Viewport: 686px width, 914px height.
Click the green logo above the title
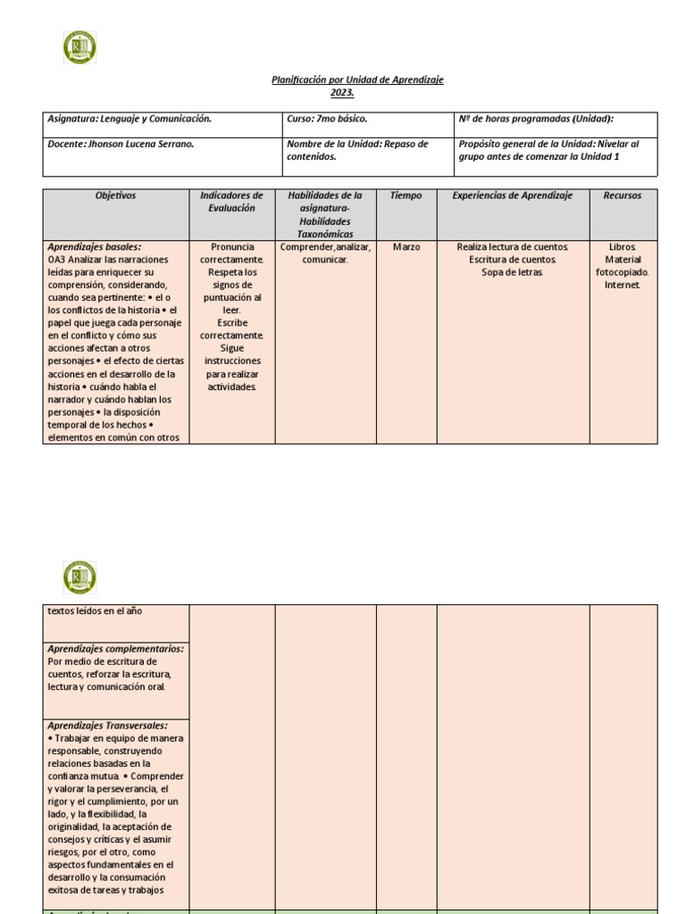(x=79, y=47)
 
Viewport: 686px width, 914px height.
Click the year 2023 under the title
(x=342, y=92)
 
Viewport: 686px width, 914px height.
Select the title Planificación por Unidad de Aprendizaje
(x=357, y=80)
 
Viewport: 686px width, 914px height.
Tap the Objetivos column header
(x=115, y=195)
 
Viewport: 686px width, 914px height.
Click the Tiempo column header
(x=406, y=195)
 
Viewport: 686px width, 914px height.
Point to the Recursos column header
(x=623, y=195)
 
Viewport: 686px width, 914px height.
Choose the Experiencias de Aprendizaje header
(x=513, y=195)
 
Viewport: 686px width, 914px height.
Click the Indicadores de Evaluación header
(x=231, y=202)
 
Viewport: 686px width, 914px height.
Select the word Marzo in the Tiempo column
(x=406, y=246)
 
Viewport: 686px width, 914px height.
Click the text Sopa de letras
(x=513, y=272)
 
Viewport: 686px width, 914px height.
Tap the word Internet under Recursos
(x=623, y=286)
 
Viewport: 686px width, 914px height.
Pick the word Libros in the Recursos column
(x=623, y=246)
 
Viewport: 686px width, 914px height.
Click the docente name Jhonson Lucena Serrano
(x=142, y=144)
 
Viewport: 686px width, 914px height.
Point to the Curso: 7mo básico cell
(x=327, y=118)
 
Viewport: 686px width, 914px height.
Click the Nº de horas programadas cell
(x=536, y=118)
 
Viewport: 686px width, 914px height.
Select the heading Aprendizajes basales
(x=95, y=246)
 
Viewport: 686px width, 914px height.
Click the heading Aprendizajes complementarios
(x=116, y=649)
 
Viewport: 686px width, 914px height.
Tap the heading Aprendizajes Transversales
(x=107, y=726)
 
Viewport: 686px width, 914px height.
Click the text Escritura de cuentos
(x=513, y=260)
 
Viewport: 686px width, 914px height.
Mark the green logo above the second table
(x=79, y=577)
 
